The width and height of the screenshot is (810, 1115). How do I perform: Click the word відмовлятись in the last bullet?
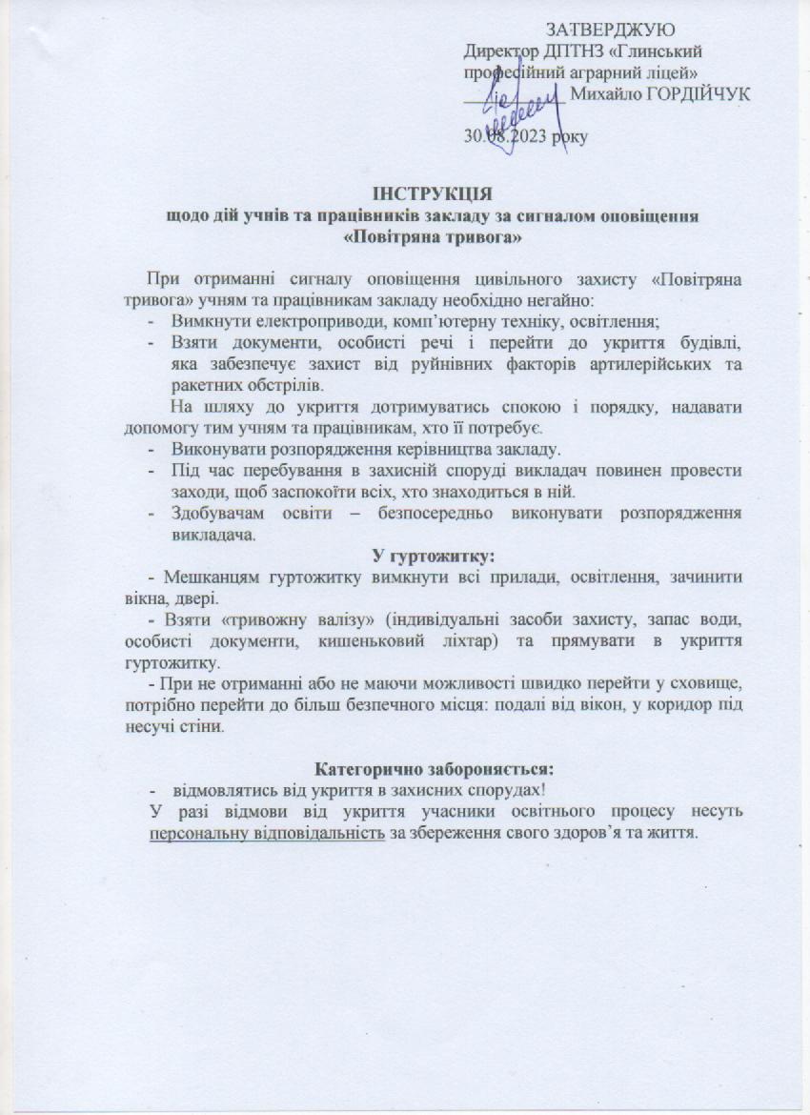[220, 789]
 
